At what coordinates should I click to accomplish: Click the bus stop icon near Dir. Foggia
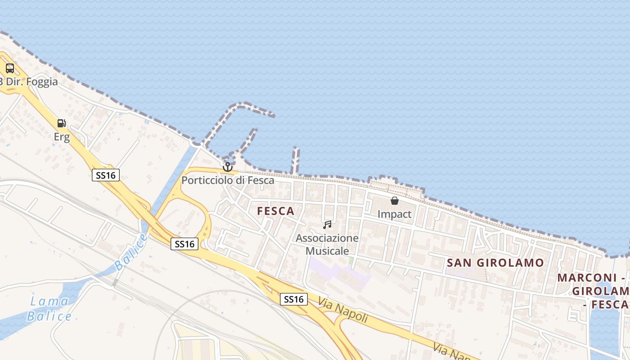9,68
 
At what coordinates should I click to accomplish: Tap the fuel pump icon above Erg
61,123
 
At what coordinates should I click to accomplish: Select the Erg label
62,137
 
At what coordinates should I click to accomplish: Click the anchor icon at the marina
228,167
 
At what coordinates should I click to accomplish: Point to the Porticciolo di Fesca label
228,180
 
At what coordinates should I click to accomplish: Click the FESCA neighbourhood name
276,211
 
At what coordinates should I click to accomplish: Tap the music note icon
327,225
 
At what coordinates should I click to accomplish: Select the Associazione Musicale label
327,244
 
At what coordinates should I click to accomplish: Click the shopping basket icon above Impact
395,201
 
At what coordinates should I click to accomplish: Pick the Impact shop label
395,214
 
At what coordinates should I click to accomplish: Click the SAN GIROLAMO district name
495,263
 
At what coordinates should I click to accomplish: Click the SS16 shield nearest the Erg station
106,175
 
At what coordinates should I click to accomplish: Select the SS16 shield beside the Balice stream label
184,244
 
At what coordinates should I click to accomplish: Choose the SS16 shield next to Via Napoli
294,299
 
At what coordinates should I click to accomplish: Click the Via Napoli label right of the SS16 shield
343,309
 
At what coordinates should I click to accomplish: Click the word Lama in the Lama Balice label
49,301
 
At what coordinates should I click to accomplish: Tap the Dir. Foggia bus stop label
30,82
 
